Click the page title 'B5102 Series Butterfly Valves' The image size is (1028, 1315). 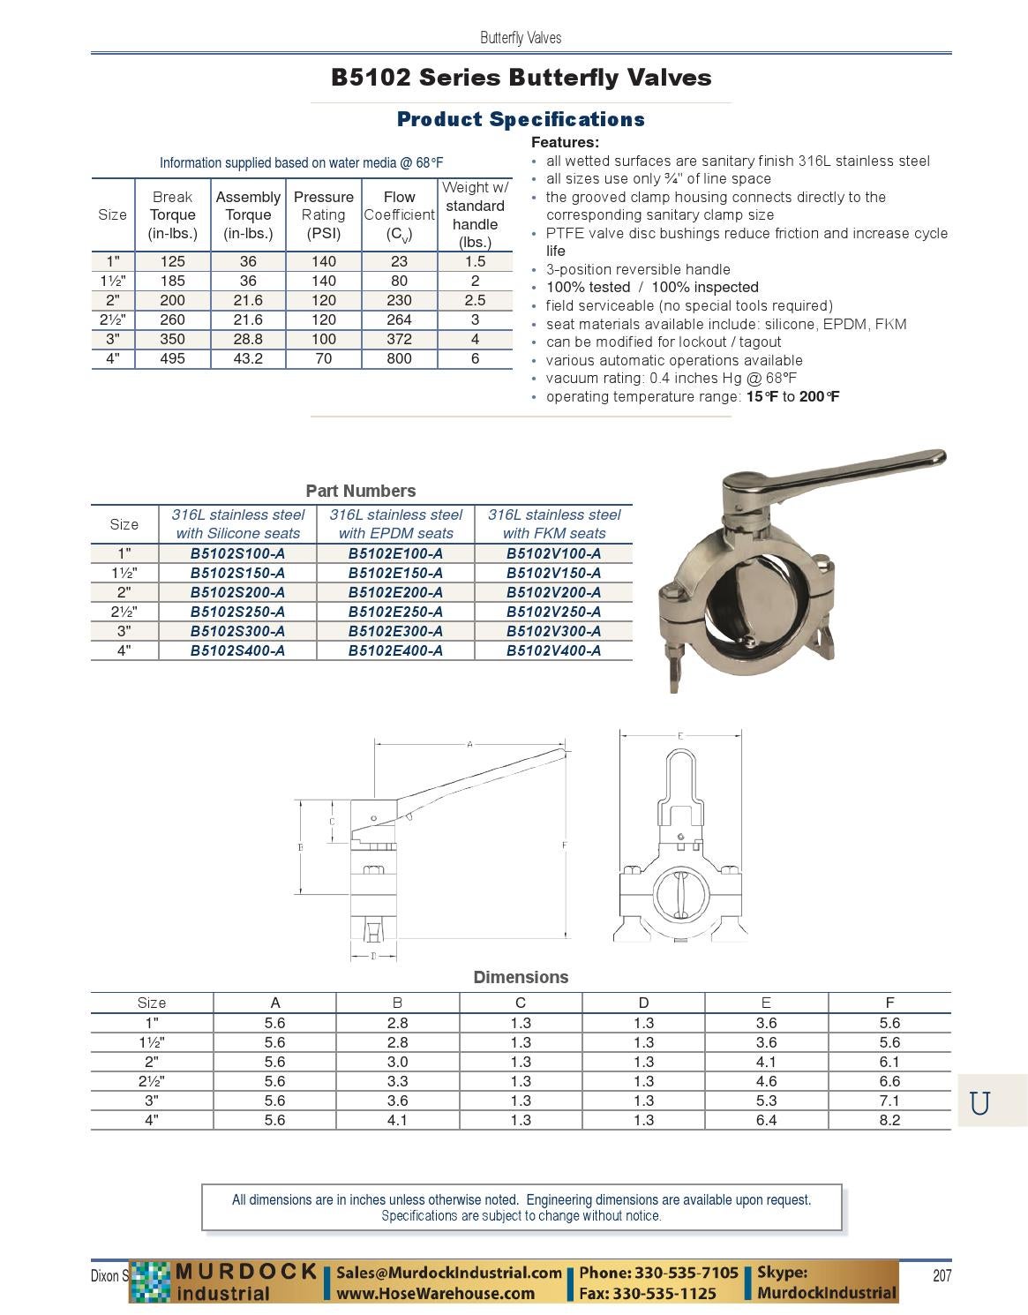tap(521, 78)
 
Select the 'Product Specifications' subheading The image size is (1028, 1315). tap(521, 119)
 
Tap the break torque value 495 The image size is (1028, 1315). tap(172, 358)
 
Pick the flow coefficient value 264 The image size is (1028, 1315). tap(399, 319)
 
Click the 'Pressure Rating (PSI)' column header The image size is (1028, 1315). tap(324, 215)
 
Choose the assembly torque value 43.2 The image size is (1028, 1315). tap(248, 358)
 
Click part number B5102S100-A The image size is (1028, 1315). tap(237, 553)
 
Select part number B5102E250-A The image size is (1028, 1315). tap(395, 612)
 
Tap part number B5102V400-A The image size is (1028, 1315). tap(553, 650)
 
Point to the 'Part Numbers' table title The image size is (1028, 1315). tap(360, 491)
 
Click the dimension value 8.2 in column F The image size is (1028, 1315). tap(889, 1120)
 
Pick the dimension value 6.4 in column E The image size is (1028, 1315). tap(766, 1120)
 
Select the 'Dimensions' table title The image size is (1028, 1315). tap(521, 977)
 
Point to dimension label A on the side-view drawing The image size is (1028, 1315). tap(469, 744)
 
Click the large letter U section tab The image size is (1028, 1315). tap(979, 1103)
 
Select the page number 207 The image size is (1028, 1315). tap(942, 1275)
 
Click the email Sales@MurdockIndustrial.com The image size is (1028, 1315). tap(449, 1273)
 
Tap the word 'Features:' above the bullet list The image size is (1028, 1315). tap(565, 142)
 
